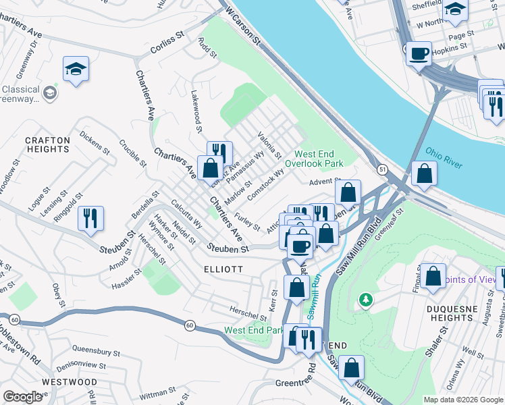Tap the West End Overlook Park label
tap(314, 159)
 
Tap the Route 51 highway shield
tap(382, 171)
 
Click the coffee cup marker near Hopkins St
tap(419, 53)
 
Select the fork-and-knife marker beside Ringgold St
tap(90, 218)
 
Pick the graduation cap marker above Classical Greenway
tap(76, 68)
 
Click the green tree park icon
tap(366, 298)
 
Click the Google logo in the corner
tap(23, 397)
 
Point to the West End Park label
tap(255, 331)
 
